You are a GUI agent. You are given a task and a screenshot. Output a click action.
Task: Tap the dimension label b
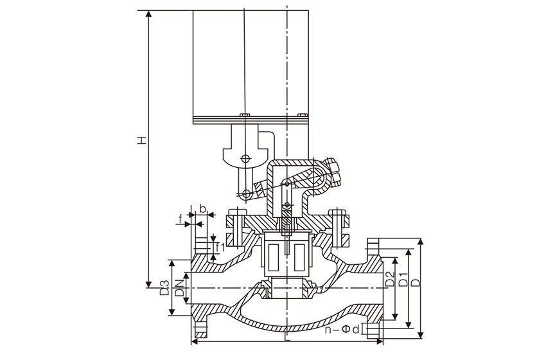pyautogui.click(x=203, y=209)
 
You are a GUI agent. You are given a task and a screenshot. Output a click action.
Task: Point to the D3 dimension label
pyautogui.click(x=164, y=287)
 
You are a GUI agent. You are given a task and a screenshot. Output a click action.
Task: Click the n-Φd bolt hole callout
pyautogui.click(x=343, y=331)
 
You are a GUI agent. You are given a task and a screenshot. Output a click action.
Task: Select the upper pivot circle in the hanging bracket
pyautogui.click(x=247, y=159)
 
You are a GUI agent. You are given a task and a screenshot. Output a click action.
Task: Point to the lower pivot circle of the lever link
pyautogui.click(x=247, y=193)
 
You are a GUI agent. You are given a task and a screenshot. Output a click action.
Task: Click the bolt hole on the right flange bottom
pyautogui.click(x=372, y=330)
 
